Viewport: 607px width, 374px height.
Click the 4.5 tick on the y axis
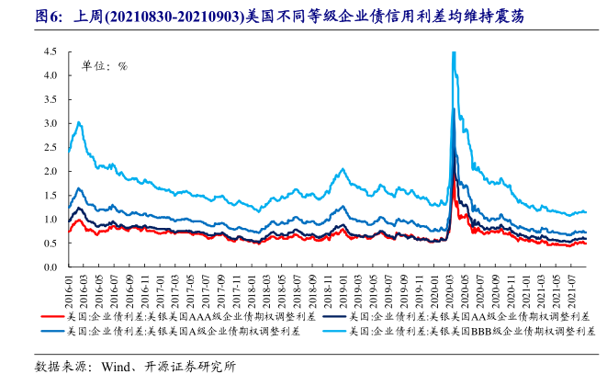(x=51, y=51)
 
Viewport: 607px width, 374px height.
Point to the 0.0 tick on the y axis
(x=51, y=267)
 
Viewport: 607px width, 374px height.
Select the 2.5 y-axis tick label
(x=51, y=147)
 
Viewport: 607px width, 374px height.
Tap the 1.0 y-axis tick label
(x=51, y=220)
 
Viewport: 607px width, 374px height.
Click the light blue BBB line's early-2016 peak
(x=80, y=122)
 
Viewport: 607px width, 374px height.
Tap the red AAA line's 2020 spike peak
(x=456, y=175)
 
